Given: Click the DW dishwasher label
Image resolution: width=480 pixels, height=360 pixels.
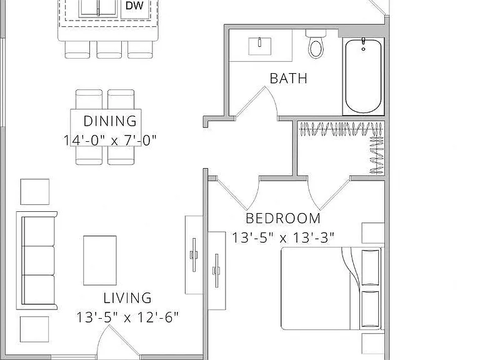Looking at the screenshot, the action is (x=134, y=5).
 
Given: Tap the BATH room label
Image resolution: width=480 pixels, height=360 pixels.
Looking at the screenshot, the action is (x=288, y=78).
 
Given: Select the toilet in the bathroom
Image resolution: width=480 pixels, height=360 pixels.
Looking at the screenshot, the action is (x=316, y=44).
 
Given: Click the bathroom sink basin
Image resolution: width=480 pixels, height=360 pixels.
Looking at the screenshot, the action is (x=259, y=46).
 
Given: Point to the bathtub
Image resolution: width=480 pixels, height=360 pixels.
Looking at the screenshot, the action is (x=363, y=76).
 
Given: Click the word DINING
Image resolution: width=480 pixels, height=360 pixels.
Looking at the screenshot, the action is (x=110, y=121).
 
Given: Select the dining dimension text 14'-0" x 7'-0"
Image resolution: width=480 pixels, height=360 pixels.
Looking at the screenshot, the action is (x=110, y=141).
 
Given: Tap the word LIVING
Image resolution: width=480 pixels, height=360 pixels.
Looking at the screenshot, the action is (x=127, y=298).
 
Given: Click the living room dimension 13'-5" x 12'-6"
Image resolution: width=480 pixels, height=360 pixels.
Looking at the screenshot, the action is (x=127, y=317).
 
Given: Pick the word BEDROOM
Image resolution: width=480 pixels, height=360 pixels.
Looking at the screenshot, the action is (x=283, y=218).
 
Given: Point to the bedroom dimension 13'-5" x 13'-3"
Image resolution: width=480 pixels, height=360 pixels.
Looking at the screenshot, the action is (x=283, y=237).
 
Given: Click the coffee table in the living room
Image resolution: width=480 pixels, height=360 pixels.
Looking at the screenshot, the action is (x=100, y=260).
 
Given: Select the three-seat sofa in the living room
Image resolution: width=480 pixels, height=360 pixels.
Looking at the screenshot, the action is (x=37, y=261).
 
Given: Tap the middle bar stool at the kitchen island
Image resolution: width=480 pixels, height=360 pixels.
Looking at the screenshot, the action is (x=109, y=49).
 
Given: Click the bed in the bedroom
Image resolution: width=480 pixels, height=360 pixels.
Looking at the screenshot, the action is (x=332, y=288).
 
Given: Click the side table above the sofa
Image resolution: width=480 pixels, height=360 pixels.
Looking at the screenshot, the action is (x=35, y=192).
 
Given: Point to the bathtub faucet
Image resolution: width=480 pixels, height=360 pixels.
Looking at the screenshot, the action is (x=363, y=44).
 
